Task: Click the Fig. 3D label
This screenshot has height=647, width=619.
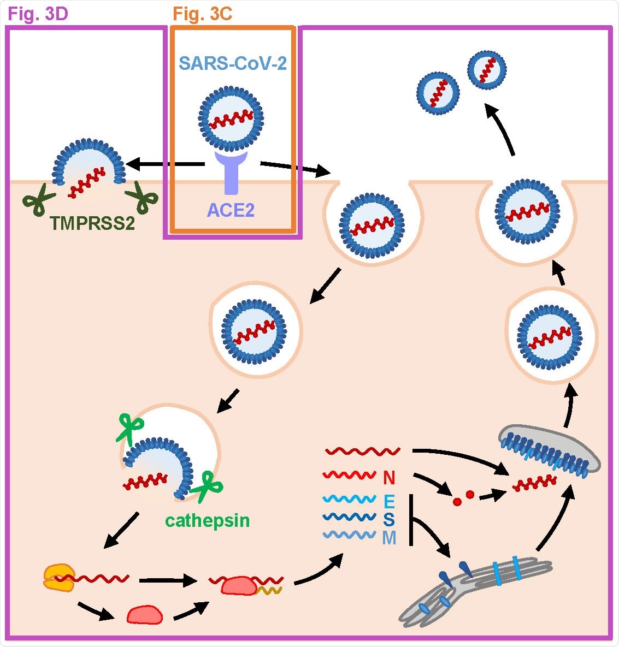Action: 38,13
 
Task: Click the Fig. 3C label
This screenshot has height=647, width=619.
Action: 203,13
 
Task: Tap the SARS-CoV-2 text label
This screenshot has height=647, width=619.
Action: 233,63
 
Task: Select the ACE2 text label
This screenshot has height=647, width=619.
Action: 231,210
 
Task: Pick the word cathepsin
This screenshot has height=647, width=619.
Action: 207,520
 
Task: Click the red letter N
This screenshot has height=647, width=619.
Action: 388,478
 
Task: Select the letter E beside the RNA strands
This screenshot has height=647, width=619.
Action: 389,501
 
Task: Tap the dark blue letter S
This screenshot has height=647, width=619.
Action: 388,519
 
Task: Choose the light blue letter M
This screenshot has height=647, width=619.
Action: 389,538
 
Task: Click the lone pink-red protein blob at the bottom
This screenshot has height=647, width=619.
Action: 145,614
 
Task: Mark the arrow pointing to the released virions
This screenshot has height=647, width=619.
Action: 502,132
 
